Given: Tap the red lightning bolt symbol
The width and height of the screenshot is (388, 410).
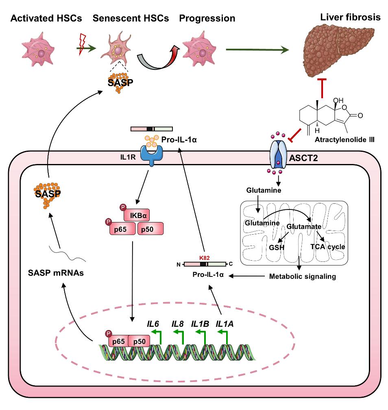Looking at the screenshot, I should pyautogui.click(x=82, y=44).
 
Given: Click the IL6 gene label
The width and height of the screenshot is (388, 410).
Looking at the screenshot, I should pyautogui.click(x=153, y=324).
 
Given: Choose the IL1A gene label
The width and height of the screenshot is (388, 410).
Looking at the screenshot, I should pyautogui.click(x=224, y=324).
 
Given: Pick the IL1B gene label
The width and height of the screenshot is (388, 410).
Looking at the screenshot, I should pyautogui.click(x=200, y=324).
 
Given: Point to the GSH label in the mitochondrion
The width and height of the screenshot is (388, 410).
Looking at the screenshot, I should pyautogui.click(x=276, y=246).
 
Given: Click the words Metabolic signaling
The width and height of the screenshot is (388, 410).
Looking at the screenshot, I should pyautogui.click(x=303, y=276).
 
